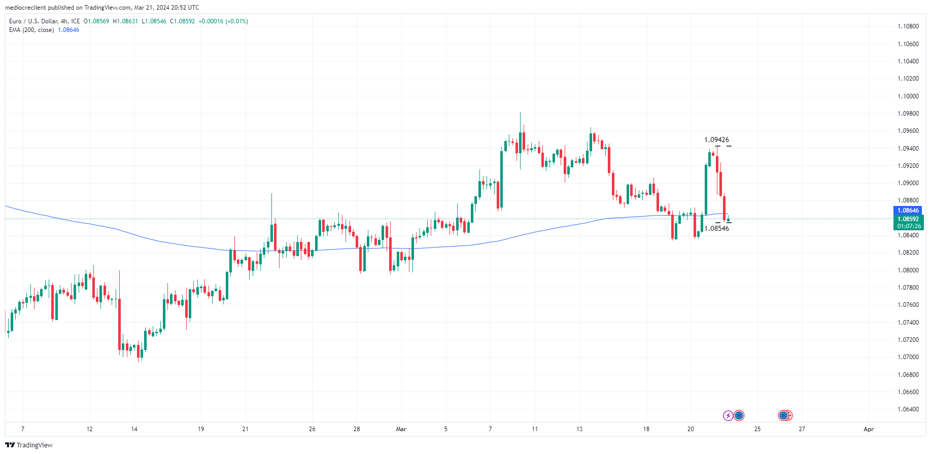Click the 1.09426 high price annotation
coord(716,139)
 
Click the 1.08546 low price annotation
coord(716,228)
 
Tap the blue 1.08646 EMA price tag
coord(908,211)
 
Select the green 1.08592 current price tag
coord(908,219)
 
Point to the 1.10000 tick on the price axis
coord(908,96)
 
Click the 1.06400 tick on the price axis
coord(908,409)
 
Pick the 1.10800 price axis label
coord(908,26)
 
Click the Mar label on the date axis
coord(401,429)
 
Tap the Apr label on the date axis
coord(869,429)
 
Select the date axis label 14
coord(134,429)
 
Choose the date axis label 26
coord(312,429)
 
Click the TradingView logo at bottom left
coord(29,445)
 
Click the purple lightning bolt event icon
coord(728,416)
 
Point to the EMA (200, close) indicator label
coord(31,30)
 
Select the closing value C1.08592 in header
coord(182,21)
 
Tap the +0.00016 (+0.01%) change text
coord(223,21)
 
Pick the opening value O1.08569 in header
coord(96,21)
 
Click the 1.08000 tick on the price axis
coord(908,270)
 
